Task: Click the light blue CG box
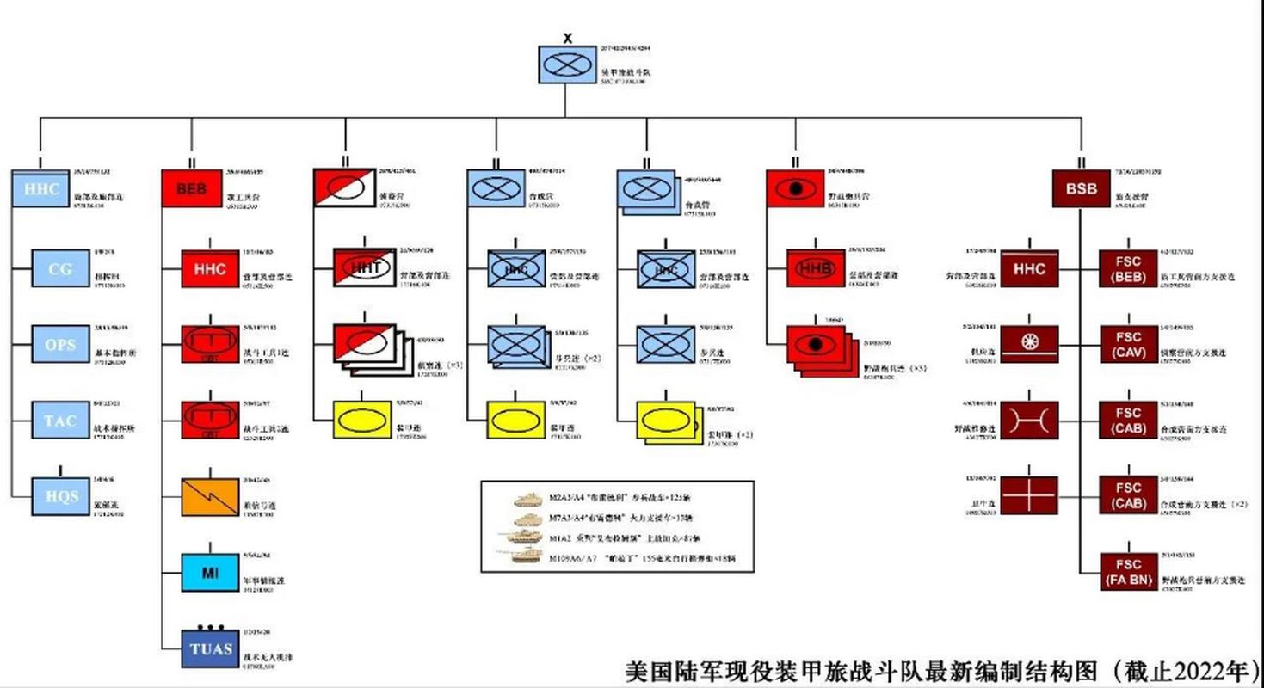coord(60,268)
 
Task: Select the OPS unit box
coord(60,344)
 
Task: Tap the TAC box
coord(60,421)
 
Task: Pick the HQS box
coord(60,496)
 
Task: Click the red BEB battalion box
coord(191,188)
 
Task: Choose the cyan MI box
coord(210,573)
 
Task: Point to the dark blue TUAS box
coord(210,648)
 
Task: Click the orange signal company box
coord(210,497)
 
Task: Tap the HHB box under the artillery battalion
coord(816,268)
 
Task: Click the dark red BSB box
coord(1082,188)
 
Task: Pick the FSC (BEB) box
coord(1129,268)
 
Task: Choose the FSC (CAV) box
coord(1129,344)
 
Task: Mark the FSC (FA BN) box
coord(1129,573)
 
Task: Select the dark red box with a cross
coord(1029,496)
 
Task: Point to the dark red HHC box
coord(1029,268)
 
